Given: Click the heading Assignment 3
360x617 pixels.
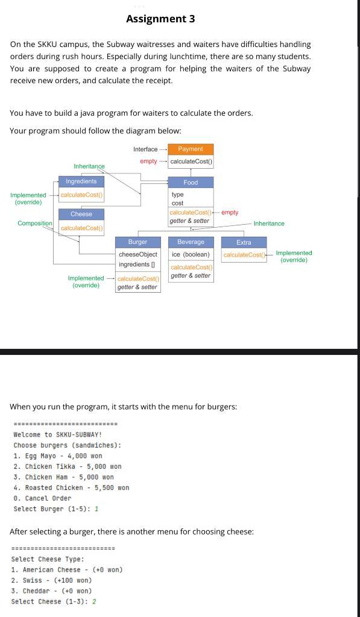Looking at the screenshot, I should [x=160, y=19].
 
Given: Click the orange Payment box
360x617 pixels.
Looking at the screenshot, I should [x=191, y=149].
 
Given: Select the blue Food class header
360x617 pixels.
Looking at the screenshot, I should [x=191, y=182].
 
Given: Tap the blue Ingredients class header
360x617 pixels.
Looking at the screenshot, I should [x=81, y=181].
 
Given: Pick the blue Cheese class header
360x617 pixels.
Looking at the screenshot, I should [x=81, y=214].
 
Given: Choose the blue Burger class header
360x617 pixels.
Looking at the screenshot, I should [x=137, y=242].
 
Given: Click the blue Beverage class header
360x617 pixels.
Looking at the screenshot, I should [x=191, y=242].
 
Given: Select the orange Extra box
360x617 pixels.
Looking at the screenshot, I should [x=244, y=242].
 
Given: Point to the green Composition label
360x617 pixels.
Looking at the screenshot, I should [x=35, y=224].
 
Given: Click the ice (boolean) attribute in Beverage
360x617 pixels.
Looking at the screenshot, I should [x=191, y=254].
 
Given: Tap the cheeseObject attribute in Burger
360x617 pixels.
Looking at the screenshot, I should [x=137, y=254].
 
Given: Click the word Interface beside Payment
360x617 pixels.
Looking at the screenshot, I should [x=145, y=149].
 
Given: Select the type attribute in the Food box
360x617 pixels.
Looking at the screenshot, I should [x=178, y=195].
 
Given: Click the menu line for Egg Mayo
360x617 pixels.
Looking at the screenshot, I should [x=58, y=456].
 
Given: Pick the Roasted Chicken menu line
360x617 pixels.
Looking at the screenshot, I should [x=71, y=487].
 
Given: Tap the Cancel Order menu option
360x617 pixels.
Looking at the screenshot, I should [x=42, y=498].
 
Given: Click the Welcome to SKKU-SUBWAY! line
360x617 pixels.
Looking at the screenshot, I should [x=58, y=434].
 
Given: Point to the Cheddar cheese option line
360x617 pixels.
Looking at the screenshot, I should [x=52, y=591].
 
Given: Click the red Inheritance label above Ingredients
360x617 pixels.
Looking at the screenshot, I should [x=89, y=166].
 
